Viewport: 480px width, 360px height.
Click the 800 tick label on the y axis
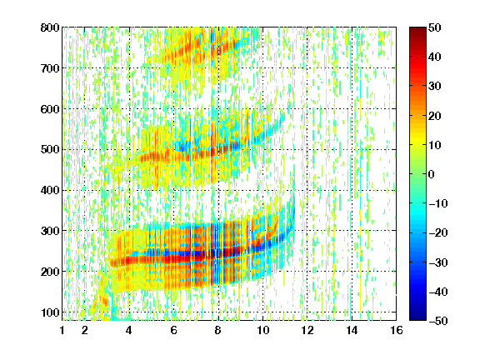(x=50, y=27)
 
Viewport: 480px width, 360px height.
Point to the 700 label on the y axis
(x=50, y=68)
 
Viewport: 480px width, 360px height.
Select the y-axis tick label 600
(x=50, y=109)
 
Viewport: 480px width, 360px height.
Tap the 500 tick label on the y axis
(x=50, y=150)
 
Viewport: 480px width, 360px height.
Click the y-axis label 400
(x=50, y=190)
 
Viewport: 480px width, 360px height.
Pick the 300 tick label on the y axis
(x=50, y=231)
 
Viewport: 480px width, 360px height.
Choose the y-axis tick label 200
(x=50, y=272)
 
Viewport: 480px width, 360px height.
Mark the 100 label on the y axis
(x=50, y=312)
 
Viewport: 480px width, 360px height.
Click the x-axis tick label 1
(x=62, y=330)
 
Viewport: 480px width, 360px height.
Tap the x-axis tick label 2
(x=85, y=330)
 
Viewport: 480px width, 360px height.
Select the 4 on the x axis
(x=129, y=330)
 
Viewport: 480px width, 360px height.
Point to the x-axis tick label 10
(x=262, y=330)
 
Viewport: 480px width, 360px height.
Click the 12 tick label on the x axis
(x=307, y=330)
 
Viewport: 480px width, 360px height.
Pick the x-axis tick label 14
(x=352, y=330)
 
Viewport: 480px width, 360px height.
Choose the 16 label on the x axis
(x=397, y=330)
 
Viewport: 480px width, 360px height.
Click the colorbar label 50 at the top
(x=435, y=27)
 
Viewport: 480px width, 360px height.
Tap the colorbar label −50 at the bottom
(x=438, y=321)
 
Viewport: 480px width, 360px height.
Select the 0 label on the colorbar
(x=432, y=174)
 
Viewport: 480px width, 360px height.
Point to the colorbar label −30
(x=438, y=262)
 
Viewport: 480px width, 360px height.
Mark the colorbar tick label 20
(x=435, y=116)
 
